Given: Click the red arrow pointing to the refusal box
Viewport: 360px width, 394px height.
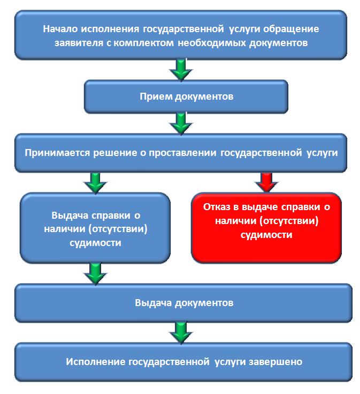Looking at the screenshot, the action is [266, 182].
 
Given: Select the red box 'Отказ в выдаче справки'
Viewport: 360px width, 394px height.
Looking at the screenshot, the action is [266, 228].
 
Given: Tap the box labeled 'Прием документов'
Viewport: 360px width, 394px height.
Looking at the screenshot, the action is [186, 96].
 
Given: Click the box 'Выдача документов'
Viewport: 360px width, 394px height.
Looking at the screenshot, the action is [183, 303].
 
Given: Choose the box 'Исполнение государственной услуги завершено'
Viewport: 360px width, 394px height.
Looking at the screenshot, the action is [183, 362].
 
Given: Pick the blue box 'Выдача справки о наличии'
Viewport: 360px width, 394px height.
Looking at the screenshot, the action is [95, 228].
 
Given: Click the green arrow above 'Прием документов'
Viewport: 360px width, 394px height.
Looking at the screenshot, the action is [181, 70].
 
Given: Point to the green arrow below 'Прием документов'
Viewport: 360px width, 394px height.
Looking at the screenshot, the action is [181, 124].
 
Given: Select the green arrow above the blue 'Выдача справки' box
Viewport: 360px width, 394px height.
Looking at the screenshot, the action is [95, 183].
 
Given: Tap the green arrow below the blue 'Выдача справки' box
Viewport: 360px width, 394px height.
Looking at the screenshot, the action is [95, 274].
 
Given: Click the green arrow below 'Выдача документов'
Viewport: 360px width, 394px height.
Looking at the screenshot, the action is [181, 333].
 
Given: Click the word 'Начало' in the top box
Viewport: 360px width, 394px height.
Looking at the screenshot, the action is [60, 29].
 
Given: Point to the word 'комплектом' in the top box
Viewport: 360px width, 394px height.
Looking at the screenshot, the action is [144, 43].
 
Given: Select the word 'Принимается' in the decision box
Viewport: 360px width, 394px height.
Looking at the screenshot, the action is [57, 153].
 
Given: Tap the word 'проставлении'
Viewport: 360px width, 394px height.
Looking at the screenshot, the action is [182, 153].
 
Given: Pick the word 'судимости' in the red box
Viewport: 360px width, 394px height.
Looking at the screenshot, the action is [266, 235].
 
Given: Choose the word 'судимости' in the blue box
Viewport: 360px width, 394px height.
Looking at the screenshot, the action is [96, 243].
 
